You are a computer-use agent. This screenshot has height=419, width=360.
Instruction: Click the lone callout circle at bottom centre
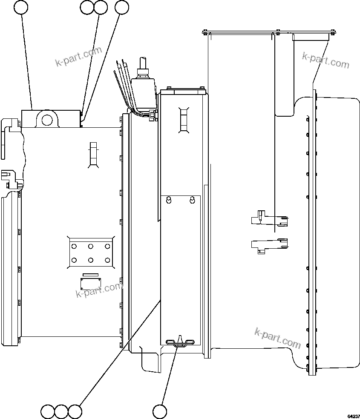tap(159, 411)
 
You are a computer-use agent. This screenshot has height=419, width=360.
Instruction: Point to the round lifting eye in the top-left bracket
tap(46, 118)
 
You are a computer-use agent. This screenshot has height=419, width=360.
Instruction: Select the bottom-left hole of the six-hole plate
tap(75, 260)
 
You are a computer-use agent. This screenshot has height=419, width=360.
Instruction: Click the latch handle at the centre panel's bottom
tap(180, 342)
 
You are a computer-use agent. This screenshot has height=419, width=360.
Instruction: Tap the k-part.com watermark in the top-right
tap(325, 60)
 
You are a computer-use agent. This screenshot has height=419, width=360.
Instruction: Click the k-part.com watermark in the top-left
tap(79, 57)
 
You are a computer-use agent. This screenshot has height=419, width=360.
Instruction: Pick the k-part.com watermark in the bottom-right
tap(277, 338)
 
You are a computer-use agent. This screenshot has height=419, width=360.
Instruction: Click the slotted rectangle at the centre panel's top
tap(184, 119)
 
